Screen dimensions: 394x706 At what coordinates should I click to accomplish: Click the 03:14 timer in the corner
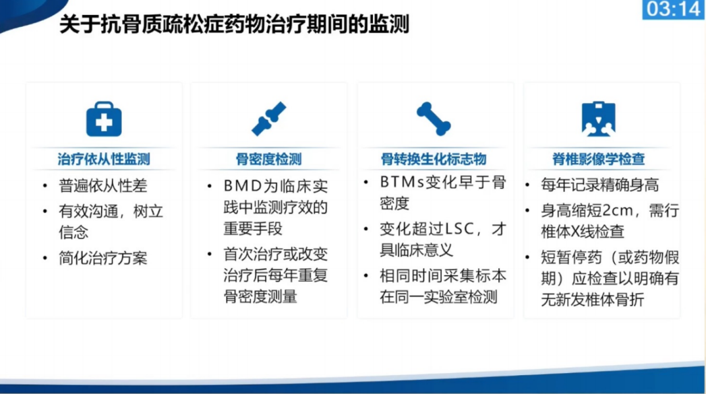pos(673,10)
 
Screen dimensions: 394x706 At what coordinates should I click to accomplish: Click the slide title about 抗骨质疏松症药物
pos(233,26)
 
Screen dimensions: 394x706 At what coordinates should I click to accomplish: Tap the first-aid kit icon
pos(104,120)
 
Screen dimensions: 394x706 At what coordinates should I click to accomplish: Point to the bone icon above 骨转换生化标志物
pos(434,119)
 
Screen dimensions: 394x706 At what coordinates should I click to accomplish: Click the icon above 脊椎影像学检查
pos(599,120)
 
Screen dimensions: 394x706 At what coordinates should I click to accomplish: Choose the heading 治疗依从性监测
pos(104,160)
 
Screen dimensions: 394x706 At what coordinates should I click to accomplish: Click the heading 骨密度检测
pos(268,160)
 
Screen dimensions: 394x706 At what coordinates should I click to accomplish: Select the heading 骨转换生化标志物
pos(434,160)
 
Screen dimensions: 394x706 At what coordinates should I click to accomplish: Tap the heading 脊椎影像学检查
pos(599,160)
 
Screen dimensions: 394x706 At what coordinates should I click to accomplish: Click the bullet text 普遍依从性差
pos(103,185)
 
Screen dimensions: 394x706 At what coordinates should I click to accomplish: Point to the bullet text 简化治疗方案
pos(103,257)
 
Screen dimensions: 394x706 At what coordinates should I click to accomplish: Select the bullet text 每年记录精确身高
pos(599,185)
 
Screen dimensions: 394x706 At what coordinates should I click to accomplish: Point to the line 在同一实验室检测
pos(438,296)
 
